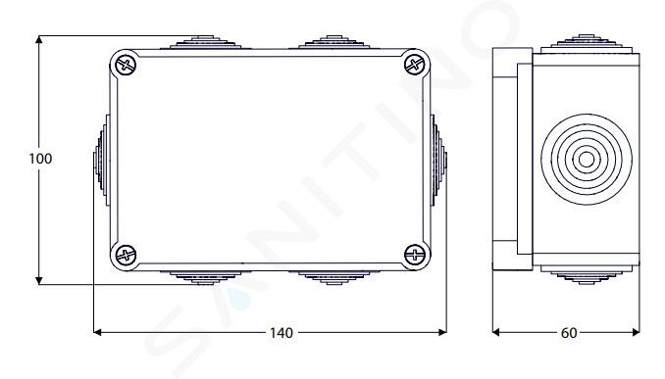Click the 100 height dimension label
[40, 159]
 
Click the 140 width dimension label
[281, 333]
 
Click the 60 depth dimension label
[569, 333]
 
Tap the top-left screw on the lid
[126, 66]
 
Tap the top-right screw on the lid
[414, 66]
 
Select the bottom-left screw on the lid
[126, 255]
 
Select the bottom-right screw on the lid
[414, 255]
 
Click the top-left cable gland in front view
[205, 42]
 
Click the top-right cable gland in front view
[334, 42]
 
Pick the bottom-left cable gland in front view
[205, 278]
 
